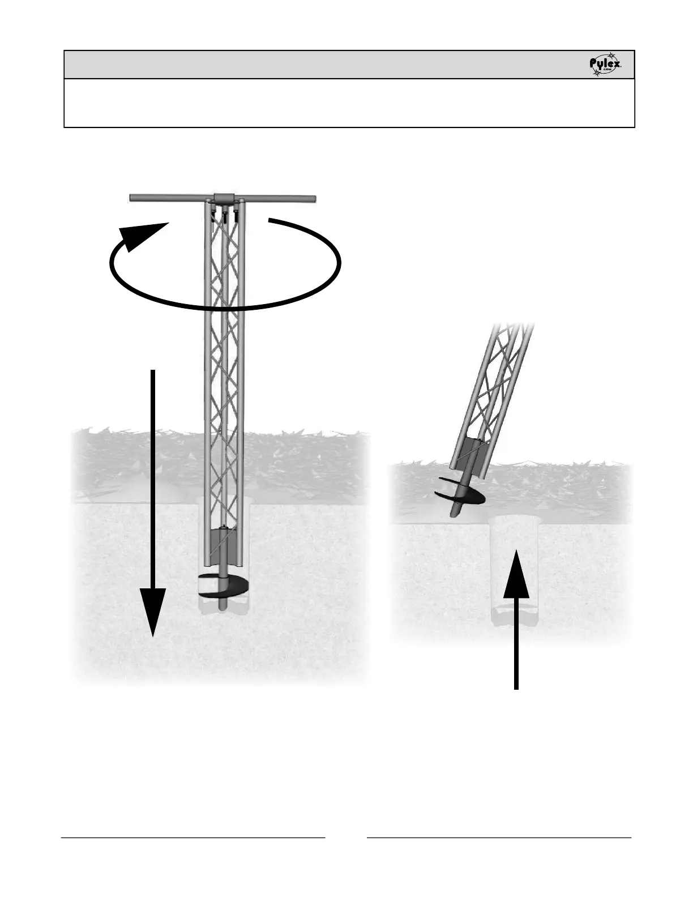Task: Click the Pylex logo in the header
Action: pos(605,66)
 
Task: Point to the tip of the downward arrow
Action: pos(153,633)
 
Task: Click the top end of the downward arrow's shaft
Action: pos(153,372)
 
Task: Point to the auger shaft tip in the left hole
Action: pos(223,606)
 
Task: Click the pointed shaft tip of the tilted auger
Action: pos(453,514)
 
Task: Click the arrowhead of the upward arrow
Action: pos(516,575)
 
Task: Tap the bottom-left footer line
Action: pos(193,836)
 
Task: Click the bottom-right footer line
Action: pos(499,836)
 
